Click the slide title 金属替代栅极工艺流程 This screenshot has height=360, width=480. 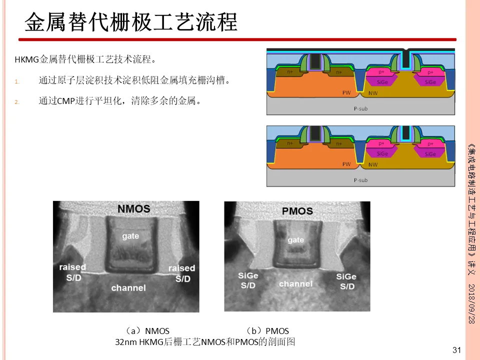(x=131, y=22)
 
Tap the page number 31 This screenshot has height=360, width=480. (x=456, y=350)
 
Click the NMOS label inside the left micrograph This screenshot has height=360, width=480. (x=133, y=208)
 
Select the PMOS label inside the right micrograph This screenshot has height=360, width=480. (x=297, y=210)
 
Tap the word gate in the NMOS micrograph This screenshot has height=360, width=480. (x=130, y=235)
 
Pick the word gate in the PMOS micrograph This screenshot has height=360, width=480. (x=295, y=240)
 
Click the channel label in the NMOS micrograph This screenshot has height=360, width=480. (x=128, y=288)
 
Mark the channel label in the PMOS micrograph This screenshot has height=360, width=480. (x=295, y=284)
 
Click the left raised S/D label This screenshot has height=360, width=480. (x=72, y=272)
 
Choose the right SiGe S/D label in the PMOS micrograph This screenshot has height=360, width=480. (x=346, y=281)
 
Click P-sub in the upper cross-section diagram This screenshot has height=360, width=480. (x=360, y=108)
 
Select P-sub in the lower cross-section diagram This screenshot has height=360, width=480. (x=360, y=180)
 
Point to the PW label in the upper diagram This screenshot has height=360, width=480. (x=346, y=93)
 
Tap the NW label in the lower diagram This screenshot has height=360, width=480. (x=372, y=164)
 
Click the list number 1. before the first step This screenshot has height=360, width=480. (x=16, y=81)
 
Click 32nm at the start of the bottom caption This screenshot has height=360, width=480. (x=125, y=342)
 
